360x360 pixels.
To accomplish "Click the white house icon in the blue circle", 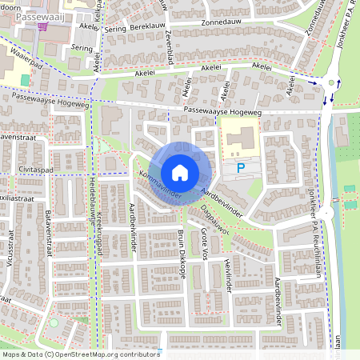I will tap(180, 172).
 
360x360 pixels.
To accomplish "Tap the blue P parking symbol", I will tap(240, 169).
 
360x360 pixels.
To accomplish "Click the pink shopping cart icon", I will tap(42, 26).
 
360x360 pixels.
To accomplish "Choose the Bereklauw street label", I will tap(139, 27).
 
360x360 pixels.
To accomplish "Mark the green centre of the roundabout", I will tap(330, 82).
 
